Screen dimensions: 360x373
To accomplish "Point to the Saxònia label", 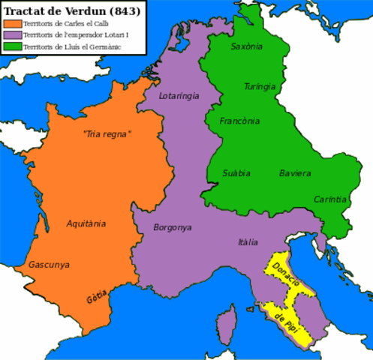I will tap(247, 46).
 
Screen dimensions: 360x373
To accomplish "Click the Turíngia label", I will tap(260, 86).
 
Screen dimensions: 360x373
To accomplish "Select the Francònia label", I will tap(239, 121).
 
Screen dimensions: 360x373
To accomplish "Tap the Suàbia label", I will tap(237, 173).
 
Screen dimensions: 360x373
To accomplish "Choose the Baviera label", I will tap(295, 173).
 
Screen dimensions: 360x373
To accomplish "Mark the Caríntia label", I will tap(330, 199).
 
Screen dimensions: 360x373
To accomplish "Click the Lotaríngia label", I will tap(180, 96).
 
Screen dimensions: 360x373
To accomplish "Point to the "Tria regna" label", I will tap(107, 134).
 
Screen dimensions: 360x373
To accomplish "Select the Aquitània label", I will tap(86, 223).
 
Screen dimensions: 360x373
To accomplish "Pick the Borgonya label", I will tap(173, 227).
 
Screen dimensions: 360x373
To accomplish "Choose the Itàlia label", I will tap(248, 242).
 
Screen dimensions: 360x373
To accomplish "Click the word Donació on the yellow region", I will tap(287, 277).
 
